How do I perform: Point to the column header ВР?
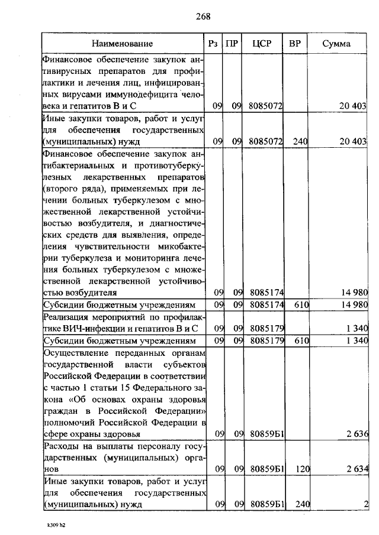click(294, 44)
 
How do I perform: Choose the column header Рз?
click(214, 44)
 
